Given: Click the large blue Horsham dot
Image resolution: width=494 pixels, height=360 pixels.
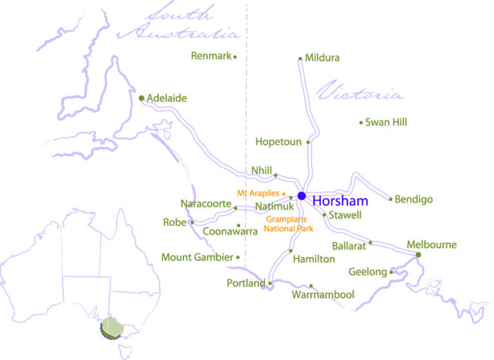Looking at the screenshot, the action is tap(302, 195).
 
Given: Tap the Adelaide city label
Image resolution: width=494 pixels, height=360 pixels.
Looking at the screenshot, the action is tap(167, 98).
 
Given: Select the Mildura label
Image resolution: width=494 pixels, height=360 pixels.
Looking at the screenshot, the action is tap(323, 58).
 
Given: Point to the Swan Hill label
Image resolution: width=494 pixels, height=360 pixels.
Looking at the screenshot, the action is tap(386, 122).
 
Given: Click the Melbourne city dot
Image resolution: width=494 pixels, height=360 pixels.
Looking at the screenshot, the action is tap(418, 255).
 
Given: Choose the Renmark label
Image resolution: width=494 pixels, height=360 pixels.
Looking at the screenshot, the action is tap(211, 56).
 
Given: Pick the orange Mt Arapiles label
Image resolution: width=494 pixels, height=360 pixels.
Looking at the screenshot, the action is tap(258, 193).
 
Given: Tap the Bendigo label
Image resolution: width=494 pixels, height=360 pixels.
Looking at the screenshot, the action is tap(414, 199).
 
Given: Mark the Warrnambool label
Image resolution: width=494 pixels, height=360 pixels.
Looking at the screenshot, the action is tap(323, 295).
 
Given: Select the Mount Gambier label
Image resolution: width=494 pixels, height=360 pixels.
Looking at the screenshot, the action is tap(197, 258).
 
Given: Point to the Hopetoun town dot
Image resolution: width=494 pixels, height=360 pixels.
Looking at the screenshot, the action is tap(309, 142).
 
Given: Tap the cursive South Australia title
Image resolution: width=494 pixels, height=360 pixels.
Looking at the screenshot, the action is tap(180, 23).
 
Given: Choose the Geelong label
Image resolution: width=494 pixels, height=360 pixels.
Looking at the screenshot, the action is tap(368, 272).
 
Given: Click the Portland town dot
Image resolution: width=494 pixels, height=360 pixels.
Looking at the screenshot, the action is tap(270, 283).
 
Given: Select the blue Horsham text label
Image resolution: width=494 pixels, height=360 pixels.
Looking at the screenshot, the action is tap(340, 201).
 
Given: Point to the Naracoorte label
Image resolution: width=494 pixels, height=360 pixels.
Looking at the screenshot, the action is tap(205, 204).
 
